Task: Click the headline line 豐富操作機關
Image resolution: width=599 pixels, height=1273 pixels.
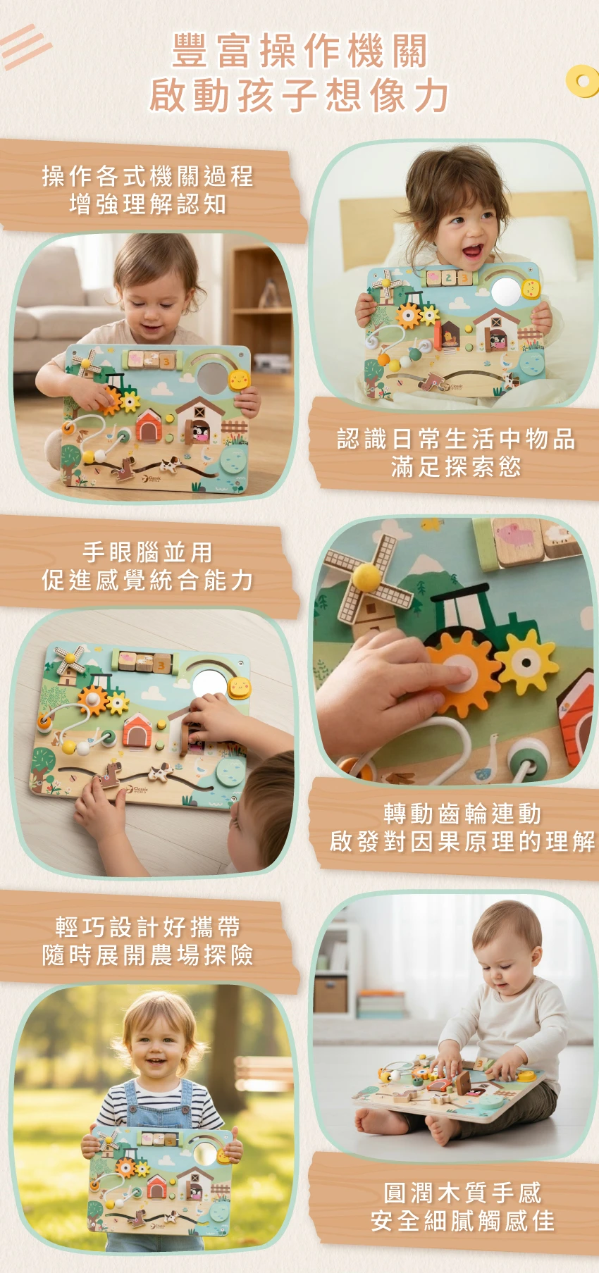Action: click(300, 51)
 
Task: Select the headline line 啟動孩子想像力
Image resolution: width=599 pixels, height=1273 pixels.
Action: click(300, 95)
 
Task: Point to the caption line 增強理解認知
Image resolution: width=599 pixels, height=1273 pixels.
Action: click(148, 204)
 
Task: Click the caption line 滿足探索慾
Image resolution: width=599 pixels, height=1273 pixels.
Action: click(456, 466)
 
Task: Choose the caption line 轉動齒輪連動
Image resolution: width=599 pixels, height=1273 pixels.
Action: click(463, 814)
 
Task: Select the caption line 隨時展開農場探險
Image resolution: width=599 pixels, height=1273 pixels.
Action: click(148, 955)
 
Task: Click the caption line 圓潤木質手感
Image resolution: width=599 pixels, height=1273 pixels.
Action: click(463, 1193)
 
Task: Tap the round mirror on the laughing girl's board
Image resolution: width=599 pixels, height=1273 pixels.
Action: click(505, 291)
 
